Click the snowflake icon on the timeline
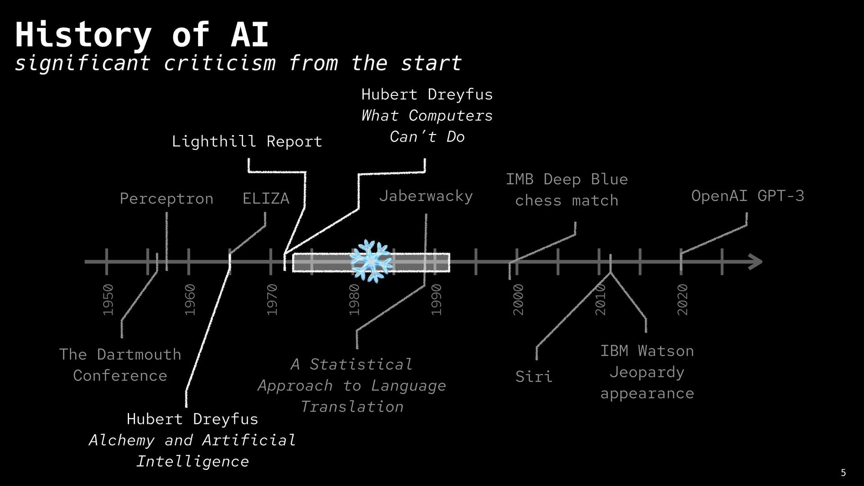(371, 261)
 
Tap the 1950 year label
(108, 300)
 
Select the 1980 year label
(355, 300)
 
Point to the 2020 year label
(683, 300)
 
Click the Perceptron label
(166, 198)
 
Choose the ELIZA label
(265, 198)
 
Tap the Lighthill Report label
(247, 141)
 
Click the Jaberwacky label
(426, 196)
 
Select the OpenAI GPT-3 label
(747, 196)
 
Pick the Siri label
(534, 376)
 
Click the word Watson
(666, 351)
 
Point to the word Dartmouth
(139, 355)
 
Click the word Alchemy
(121, 440)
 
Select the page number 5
(843, 472)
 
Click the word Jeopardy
(647, 372)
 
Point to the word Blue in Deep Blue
(609, 179)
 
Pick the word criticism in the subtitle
(220, 63)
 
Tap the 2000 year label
(519, 300)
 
